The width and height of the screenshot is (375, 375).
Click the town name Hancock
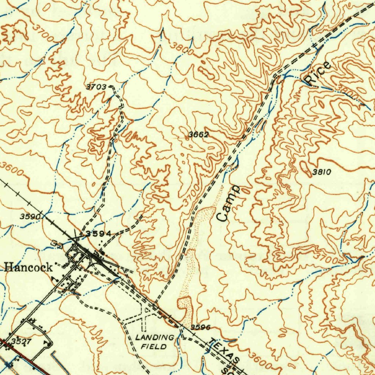pyautogui.click(x=29, y=267)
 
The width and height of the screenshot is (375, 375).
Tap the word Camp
pyautogui.click(x=228, y=203)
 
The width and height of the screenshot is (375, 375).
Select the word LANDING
pyautogui.click(x=155, y=337)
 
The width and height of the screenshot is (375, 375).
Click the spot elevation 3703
pyautogui.click(x=96, y=87)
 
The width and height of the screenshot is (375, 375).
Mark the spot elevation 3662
pyautogui.click(x=198, y=135)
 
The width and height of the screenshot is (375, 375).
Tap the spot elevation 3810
pyautogui.click(x=322, y=172)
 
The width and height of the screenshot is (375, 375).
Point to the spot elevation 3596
pyautogui.click(x=201, y=327)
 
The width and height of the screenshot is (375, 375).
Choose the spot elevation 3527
pyautogui.click(x=21, y=341)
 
